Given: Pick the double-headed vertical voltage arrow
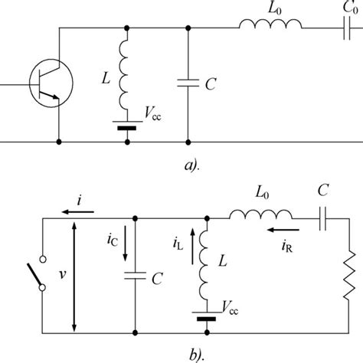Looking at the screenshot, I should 74,276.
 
